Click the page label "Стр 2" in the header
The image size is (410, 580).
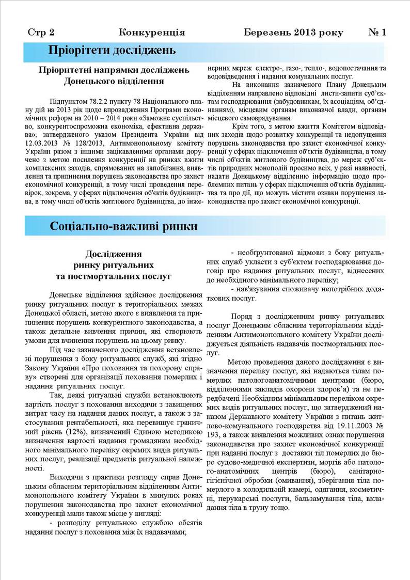[41, 33]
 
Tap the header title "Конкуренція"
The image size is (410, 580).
[152, 33]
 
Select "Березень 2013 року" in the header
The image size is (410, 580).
[293, 33]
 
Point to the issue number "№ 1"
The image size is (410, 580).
[377, 33]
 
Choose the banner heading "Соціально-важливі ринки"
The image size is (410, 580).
[123, 226]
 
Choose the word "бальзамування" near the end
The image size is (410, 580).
[327, 498]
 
